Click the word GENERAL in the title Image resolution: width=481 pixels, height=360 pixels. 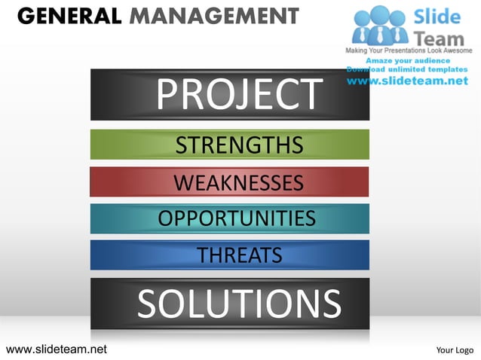66,14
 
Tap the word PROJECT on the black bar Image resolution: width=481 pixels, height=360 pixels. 239,94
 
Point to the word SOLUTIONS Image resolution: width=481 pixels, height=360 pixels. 239,304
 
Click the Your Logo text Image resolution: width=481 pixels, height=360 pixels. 455,349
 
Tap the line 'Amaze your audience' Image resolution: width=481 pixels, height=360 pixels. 408,60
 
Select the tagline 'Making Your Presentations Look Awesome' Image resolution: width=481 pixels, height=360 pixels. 408,50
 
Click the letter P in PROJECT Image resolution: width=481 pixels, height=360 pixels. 168,94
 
